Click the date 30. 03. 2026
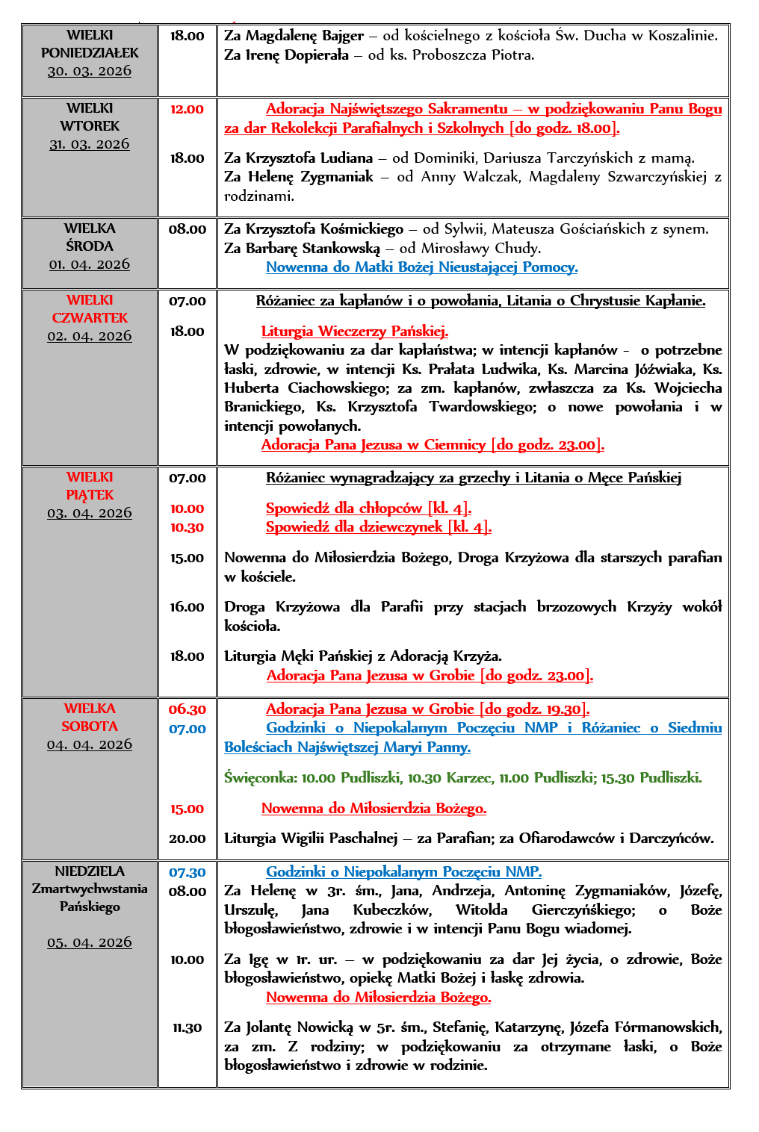pyautogui.click(x=90, y=71)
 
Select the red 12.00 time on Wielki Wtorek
pyautogui.click(x=187, y=109)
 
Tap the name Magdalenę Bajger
pyautogui.click(x=305, y=36)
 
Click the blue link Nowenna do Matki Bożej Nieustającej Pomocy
pyautogui.click(x=421, y=267)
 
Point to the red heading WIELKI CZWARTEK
pyautogui.click(x=90, y=309)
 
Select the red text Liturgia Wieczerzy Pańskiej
pyautogui.click(x=354, y=332)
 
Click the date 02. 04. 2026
pyautogui.click(x=90, y=336)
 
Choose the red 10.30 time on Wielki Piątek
pyautogui.click(x=187, y=527)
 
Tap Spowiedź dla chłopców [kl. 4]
pyautogui.click(x=368, y=509)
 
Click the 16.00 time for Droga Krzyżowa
pyautogui.click(x=187, y=607)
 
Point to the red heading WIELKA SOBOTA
pyautogui.click(x=90, y=718)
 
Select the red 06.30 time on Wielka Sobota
pyautogui.click(x=187, y=709)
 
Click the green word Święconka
pyautogui.click(x=260, y=778)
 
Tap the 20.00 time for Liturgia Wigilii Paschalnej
pyautogui.click(x=187, y=839)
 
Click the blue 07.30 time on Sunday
pyautogui.click(x=187, y=872)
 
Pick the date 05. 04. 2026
pyautogui.click(x=90, y=942)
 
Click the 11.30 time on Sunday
pyautogui.click(x=187, y=1028)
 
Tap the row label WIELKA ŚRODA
pyautogui.click(x=90, y=237)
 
